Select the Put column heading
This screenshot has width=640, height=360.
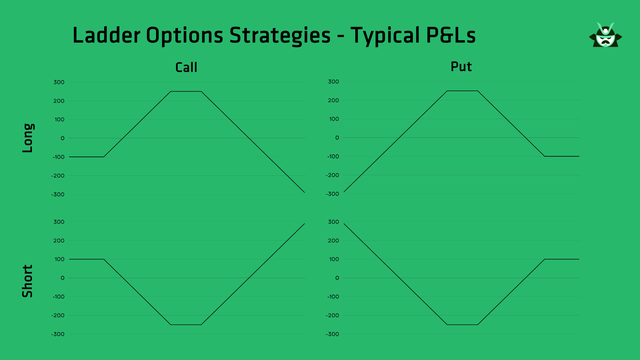(x=461, y=68)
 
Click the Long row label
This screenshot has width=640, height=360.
(x=28, y=138)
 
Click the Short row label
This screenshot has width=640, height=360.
(x=28, y=280)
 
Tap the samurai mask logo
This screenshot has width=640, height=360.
(x=603, y=37)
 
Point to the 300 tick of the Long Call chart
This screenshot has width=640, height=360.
(x=59, y=82)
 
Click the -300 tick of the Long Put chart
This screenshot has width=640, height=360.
(x=333, y=194)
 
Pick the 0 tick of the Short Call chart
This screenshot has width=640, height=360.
(x=62, y=278)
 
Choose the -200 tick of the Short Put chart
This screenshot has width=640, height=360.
(x=333, y=315)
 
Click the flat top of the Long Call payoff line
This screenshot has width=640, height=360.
(x=186, y=91)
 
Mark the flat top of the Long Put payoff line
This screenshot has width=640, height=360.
(x=462, y=91)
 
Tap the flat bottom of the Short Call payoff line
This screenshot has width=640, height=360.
(x=186, y=324)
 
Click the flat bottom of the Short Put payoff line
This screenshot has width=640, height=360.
(x=462, y=324)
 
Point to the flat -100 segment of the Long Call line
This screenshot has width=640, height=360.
(x=87, y=156)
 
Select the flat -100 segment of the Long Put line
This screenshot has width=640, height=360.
(x=562, y=156)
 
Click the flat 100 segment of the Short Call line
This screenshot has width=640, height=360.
(x=87, y=259)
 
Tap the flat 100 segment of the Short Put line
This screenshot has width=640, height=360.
(x=562, y=259)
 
